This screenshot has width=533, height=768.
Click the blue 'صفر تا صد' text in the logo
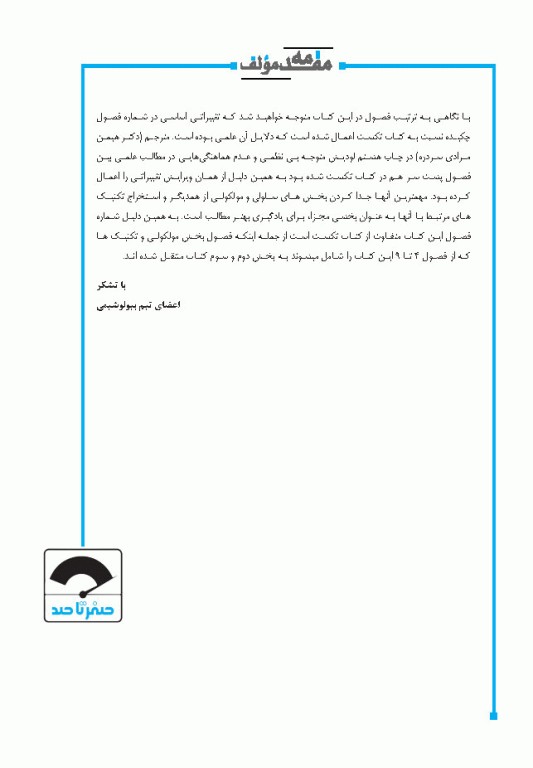click(x=84, y=606)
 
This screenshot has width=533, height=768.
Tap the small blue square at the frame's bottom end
click(x=493, y=715)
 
